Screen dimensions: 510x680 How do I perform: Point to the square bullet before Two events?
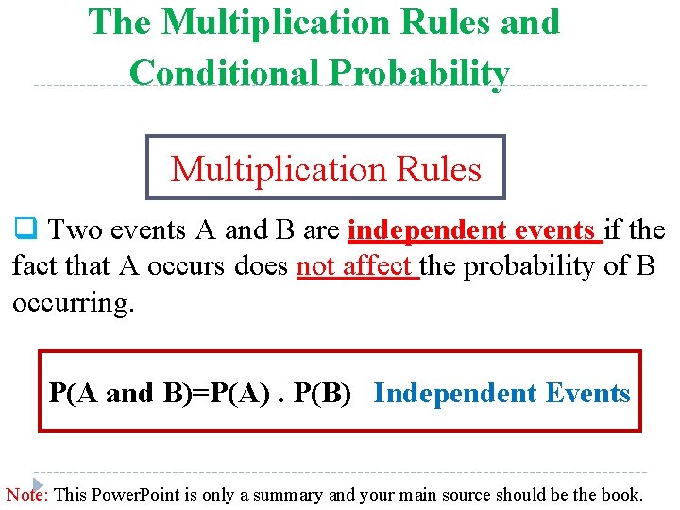pyautogui.click(x=24, y=229)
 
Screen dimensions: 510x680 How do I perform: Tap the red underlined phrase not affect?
pyautogui.click(x=357, y=267)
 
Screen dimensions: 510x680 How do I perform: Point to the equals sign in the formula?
pyautogui.click(x=197, y=393)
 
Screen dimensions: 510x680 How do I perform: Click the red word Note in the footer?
pyautogui.click(x=26, y=494)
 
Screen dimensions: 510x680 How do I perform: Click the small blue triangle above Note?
pyautogui.click(x=39, y=482)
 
